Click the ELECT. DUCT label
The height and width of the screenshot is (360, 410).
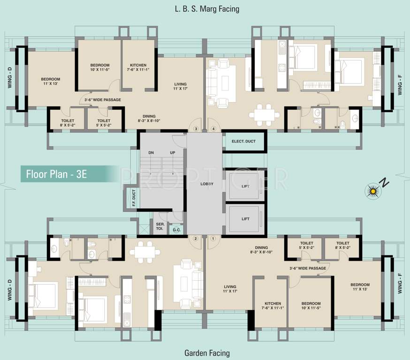coord(243,142)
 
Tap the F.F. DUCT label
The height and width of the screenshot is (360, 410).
coord(134,198)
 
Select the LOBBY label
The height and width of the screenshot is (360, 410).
coord(207,184)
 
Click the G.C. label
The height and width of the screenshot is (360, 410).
coord(176,230)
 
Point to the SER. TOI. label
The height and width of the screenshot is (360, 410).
coord(160,226)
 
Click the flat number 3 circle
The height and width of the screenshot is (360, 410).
coord(196,129)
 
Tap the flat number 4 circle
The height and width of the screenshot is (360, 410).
coord(213,129)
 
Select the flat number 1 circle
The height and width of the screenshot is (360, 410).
coord(213,239)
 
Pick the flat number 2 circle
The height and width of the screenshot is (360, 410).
coord(195,239)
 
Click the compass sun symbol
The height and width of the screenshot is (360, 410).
coord(373,192)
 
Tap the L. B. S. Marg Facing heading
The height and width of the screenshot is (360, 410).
coord(207,9)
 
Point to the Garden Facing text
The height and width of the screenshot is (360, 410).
coord(207,353)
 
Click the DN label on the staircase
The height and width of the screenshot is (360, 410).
coord(151,152)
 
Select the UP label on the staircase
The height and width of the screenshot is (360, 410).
coord(173,152)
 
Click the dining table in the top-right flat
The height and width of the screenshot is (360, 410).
coord(264,115)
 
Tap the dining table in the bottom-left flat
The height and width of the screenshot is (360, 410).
coord(145,252)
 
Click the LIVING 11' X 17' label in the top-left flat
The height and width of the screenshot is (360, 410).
coord(181,86)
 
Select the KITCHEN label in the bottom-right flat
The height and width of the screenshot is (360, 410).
coord(273,304)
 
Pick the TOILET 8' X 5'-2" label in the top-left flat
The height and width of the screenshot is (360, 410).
coord(68,123)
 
